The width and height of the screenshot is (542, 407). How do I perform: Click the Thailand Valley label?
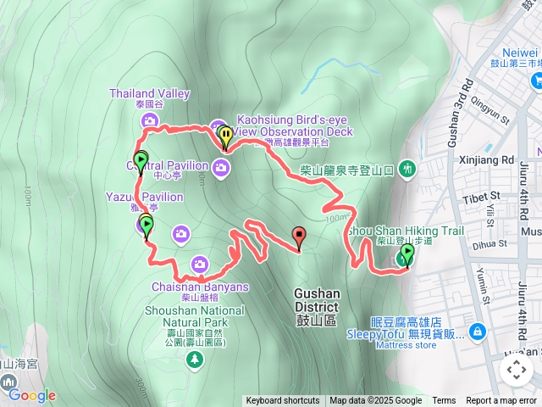pyautogui.click(x=150, y=93)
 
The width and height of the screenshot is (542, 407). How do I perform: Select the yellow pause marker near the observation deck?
pyautogui.click(x=225, y=135)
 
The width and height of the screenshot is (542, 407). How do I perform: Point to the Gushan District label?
pyautogui.click(x=317, y=300)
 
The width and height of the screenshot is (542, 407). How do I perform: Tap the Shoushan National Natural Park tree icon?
pyautogui.click(x=196, y=360)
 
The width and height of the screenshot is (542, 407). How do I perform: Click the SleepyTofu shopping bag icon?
pyautogui.click(x=477, y=330)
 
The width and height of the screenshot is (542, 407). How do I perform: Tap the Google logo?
pyautogui.click(x=31, y=395)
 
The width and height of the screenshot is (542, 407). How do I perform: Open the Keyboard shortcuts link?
pyautogui.click(x=283, y=401)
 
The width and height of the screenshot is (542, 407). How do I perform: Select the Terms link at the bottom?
pyautogui.click(x=444, y=401)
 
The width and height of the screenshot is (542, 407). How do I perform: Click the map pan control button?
pyautogui.click(x=516, y=370)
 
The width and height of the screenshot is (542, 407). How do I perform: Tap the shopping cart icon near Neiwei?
pyautogui.click(x=535, y=80)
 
